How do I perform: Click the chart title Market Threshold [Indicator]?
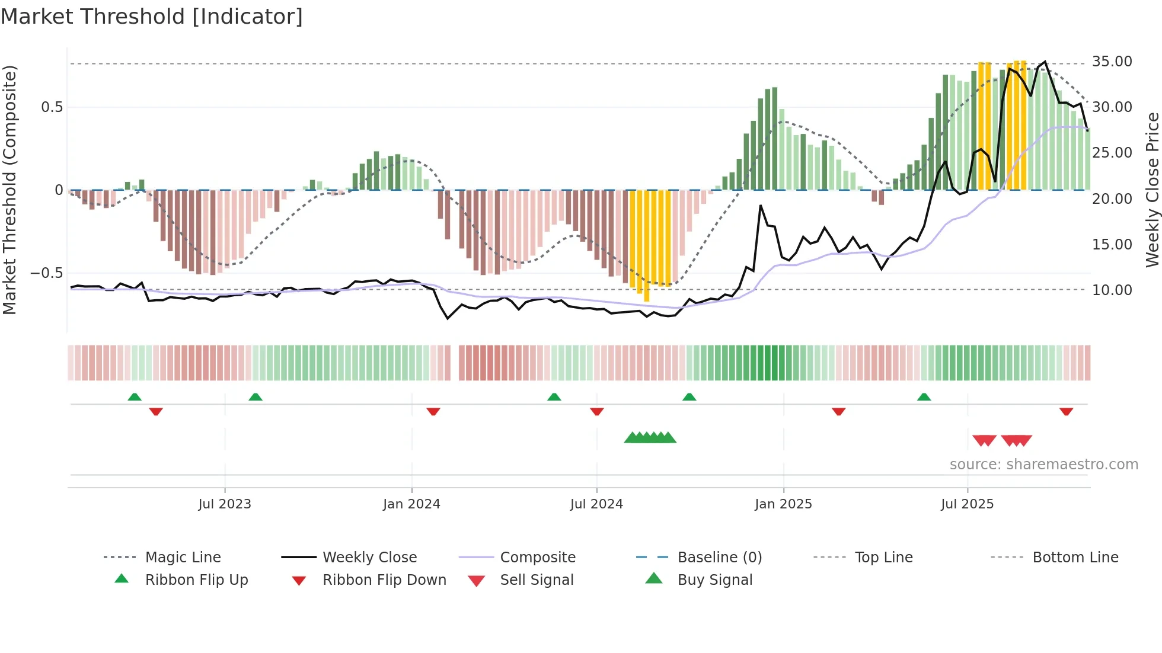coord(152,17)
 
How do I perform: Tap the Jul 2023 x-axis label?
coord(225,504)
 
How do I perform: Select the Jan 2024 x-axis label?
coord(411,504)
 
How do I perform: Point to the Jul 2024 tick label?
coord(596,504)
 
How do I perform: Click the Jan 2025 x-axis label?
coord(783,504)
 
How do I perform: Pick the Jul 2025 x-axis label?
coord(967,504)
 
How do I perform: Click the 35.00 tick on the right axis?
coord(1112,62)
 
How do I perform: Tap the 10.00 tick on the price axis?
coord(1112,290)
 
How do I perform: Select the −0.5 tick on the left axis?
coord(46,273)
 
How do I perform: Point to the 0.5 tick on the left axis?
coord(52,107)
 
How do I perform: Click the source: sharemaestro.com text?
coord(1043,465)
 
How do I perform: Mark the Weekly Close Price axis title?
coord(1152,190)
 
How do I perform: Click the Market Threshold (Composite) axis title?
coord(9,190)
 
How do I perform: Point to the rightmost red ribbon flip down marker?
coord(1066,411)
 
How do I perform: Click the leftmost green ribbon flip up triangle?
coord(135,397)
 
